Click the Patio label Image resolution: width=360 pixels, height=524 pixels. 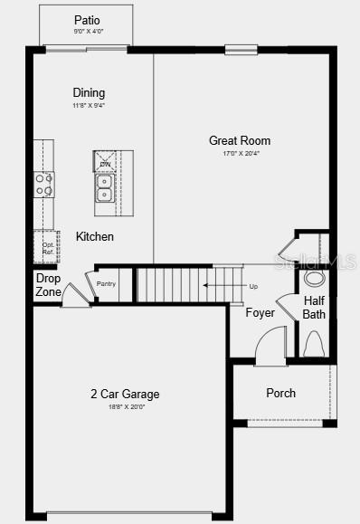pyautogui.click(x=87, y=19)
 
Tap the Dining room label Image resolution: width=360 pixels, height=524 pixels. pyautogui.click(x=89, y=92)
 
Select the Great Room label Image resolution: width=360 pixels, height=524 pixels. pyautogui.click(x=240, y=140)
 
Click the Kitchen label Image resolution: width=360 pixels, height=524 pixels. pyautogui.click(x=95, y=236)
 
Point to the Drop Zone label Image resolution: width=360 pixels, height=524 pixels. pyautogui.click(x=48, y=285)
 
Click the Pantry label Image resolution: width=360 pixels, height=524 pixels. pyautogui.click(x=107, y=283)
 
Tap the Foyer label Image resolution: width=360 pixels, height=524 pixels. pyautogui.click(x=261, y=313)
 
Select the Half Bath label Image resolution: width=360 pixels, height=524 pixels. pyautogui.click(x=314, y=308)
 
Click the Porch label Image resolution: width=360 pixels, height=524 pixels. pyautogui.click(x=280, y=393)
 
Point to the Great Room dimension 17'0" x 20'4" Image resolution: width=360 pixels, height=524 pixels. pyautogui.click(x=240, y=154)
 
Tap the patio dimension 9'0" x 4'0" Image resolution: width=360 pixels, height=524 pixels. pyautogui.click(x=87, y=32)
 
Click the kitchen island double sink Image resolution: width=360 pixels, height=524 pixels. pyautogui.click(x=105, y=187)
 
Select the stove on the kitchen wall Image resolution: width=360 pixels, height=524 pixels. pyautogui.click(x=43, y=185)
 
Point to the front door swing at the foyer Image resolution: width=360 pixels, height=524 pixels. pyautogui.click(x=270, y=346)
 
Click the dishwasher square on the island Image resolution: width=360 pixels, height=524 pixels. pyautogui.click(x=105, y=161)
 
